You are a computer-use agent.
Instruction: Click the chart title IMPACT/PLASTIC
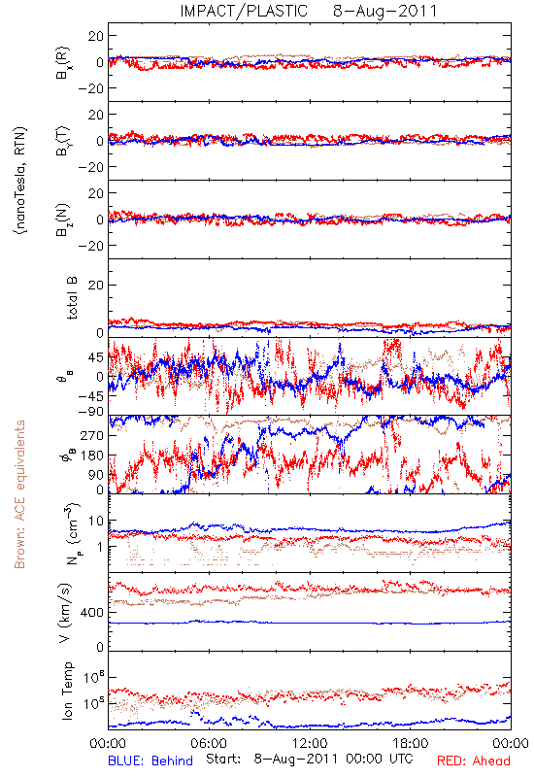244,11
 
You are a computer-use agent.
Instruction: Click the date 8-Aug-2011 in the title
384,11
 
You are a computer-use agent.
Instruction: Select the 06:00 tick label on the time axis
209,743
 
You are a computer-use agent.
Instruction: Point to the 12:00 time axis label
310,743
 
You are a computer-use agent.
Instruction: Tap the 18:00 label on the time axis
411,743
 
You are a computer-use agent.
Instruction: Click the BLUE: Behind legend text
150,760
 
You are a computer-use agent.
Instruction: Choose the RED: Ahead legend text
473,760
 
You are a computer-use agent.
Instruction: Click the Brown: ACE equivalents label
19,494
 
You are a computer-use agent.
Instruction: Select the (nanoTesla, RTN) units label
20,181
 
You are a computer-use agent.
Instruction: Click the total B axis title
72,298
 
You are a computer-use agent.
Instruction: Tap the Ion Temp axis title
67,691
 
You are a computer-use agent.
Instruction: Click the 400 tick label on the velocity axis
91,613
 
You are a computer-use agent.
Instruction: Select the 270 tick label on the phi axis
91,435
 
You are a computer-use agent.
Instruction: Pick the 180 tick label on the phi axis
91,456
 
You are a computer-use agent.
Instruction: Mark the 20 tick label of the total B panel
95,285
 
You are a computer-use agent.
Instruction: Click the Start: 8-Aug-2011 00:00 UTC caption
310,760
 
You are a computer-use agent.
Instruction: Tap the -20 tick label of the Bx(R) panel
90,88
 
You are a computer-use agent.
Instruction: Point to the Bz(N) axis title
63,220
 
